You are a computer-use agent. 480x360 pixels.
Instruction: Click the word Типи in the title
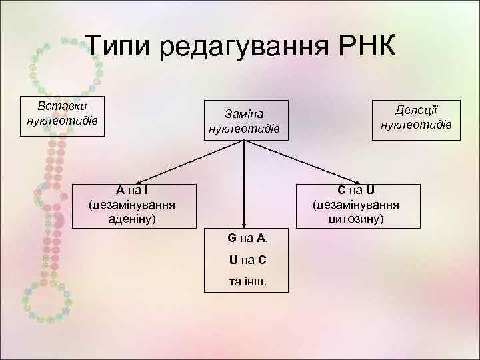pyautogui.click(x=120, y=47)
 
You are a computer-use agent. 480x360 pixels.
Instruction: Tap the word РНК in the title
pyautogui.click(x=363, y=47)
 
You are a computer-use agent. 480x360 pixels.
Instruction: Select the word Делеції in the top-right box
pyautogui.click(x=416, y=110)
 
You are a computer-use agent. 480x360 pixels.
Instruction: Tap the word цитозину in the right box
pyautogui.click(x=356, y=218)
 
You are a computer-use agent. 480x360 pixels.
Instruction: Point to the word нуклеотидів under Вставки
pyautogui.click(x=61, y=121)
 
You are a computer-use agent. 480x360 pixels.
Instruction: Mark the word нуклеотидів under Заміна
pyautogui.click(x=248, y=128)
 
